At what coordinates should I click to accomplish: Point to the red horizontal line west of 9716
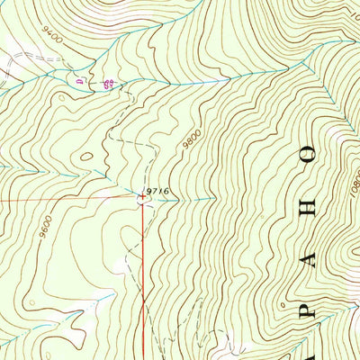pos(63,199)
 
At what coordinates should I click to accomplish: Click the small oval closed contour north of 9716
pos(86,156)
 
